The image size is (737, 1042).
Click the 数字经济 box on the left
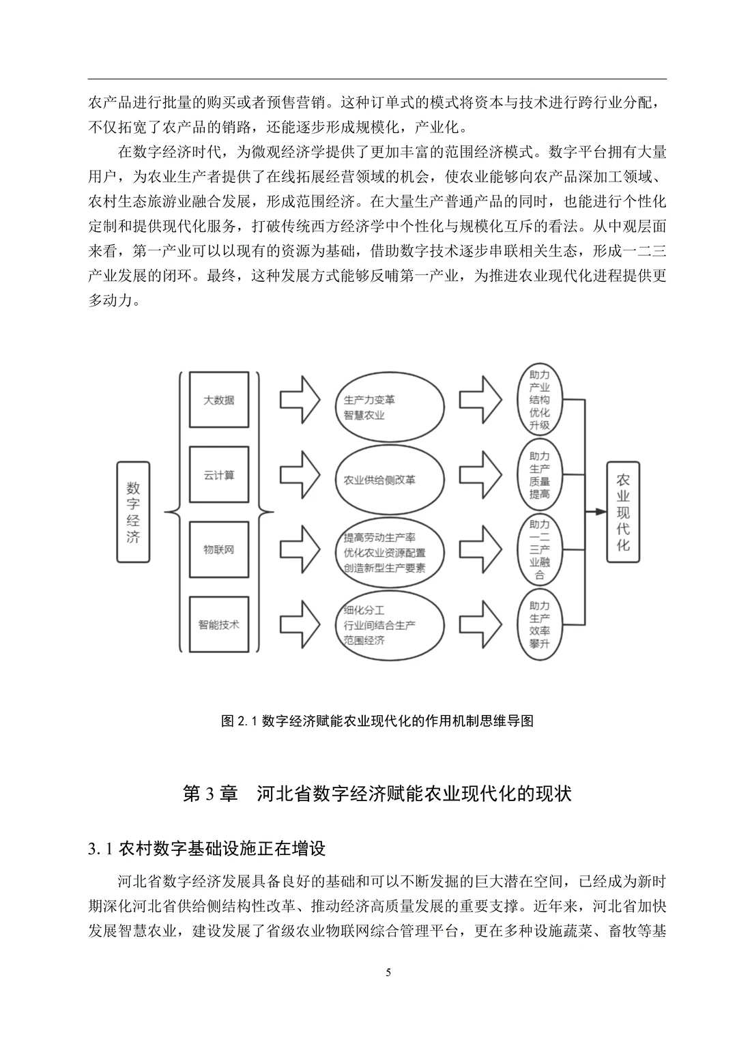click(133, 512)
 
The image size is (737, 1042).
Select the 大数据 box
click(218, 400)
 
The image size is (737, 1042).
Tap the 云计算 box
click(218, 475)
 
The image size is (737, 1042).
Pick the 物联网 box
click(218, 549)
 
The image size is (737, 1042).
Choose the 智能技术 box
click(218, 624)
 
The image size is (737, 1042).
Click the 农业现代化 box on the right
click(623, 512)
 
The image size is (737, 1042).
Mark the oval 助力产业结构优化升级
click(540, 400)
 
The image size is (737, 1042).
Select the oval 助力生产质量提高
click(540, 475)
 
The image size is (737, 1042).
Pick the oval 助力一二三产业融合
click(540, 549)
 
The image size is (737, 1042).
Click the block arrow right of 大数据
click(300, 400)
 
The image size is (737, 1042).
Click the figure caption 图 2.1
click(377, 721)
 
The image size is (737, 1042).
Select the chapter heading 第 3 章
click(377, 794)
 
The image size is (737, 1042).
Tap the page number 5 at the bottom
click(388, 972)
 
